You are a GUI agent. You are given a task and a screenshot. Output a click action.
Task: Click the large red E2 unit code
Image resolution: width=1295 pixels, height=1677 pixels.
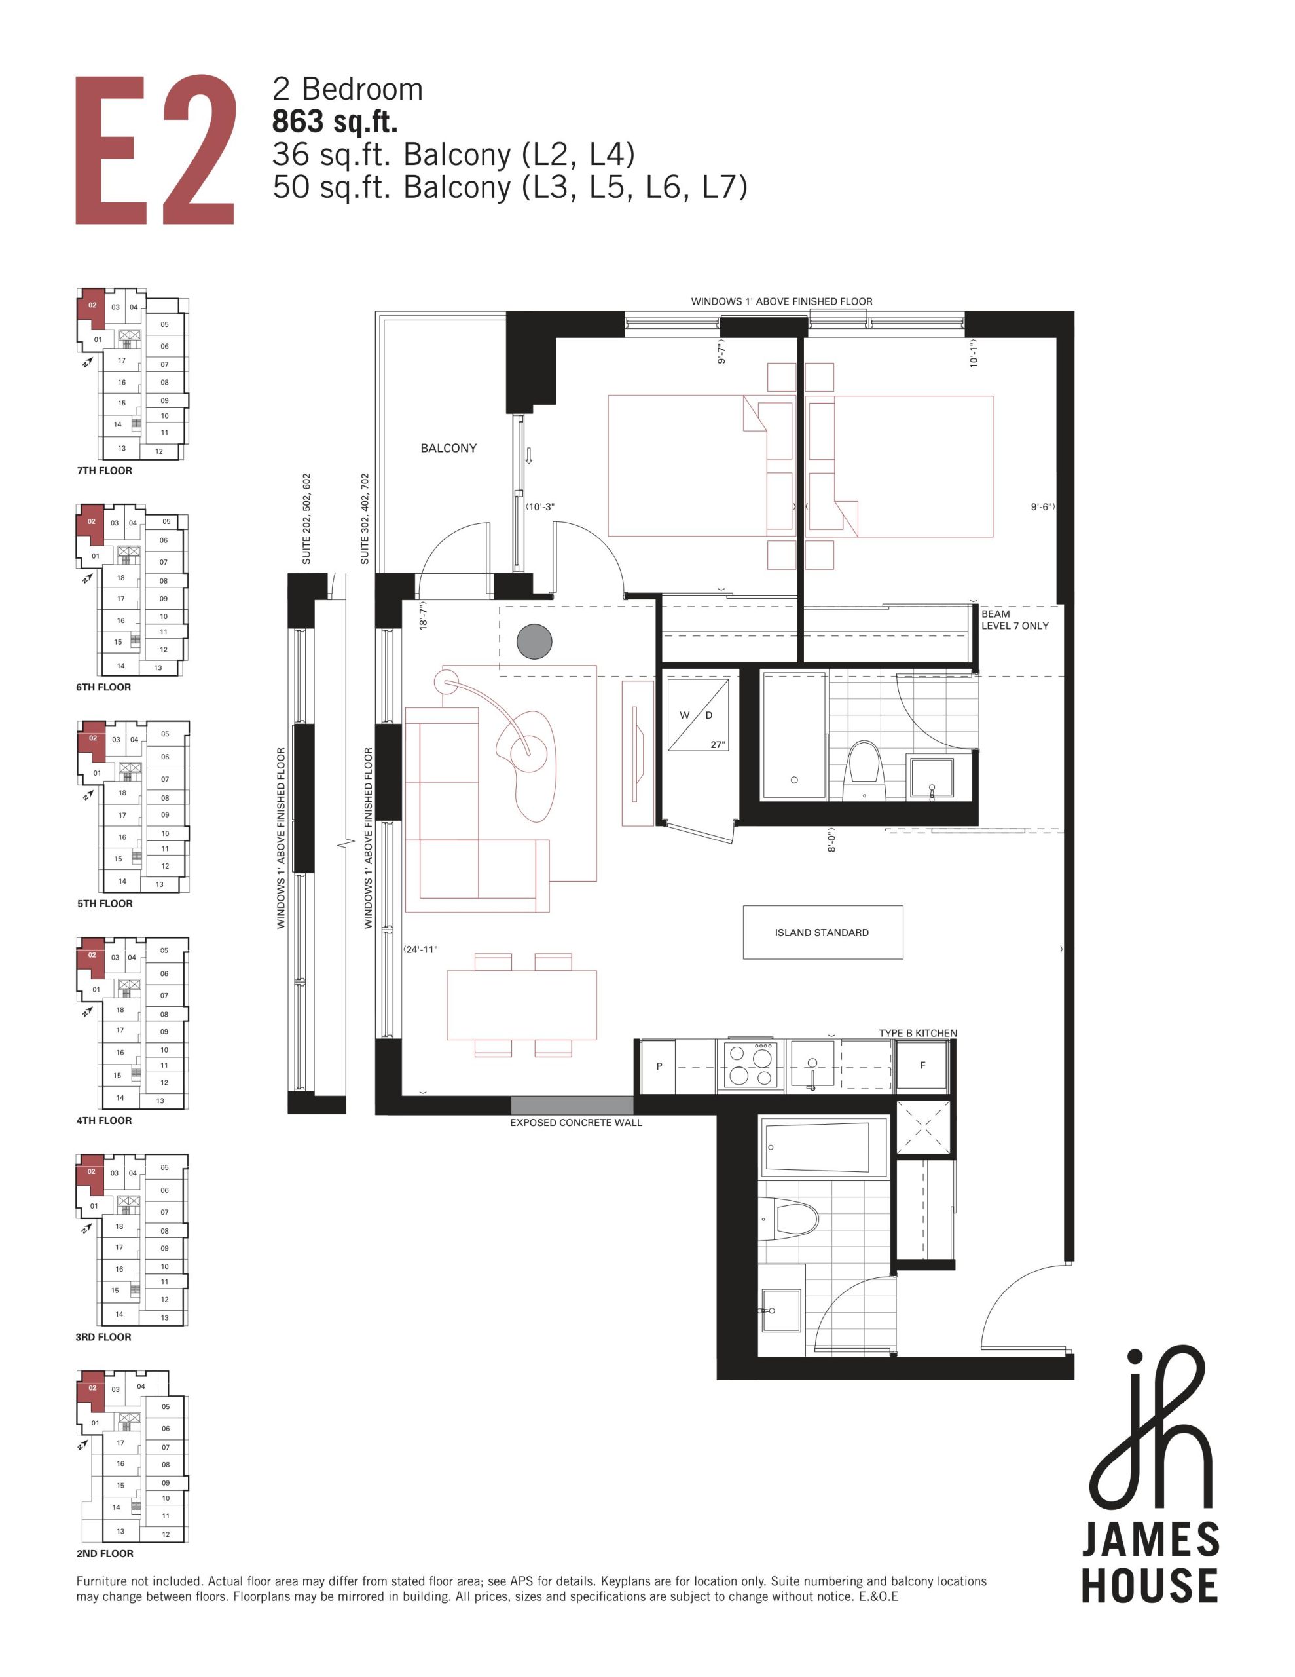(x=155, y=150)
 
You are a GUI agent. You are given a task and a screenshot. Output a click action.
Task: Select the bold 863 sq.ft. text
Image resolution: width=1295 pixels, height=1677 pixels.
(x=335, y=122)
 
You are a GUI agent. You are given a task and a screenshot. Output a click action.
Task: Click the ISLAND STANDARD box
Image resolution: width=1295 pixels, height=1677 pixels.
(x=822, y=932)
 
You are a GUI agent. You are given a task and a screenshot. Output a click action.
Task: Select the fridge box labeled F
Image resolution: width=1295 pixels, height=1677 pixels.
(x=922, y=1065)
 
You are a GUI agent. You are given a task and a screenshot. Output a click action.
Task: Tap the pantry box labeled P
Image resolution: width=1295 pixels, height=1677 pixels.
(x=659, y=1066)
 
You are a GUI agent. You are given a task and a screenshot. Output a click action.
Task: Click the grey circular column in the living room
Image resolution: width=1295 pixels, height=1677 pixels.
(x=534, y=641)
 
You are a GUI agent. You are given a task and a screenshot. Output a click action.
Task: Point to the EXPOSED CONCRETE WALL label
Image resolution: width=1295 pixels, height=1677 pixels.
(x=575, y=1123)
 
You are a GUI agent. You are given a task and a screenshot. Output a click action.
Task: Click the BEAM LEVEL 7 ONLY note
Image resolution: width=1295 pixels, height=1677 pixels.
(x=1015, y=620)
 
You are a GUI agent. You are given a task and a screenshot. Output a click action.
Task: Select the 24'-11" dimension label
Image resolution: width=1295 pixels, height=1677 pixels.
(x=422, y=950)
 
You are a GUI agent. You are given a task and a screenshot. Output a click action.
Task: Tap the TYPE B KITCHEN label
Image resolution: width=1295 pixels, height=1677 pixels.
(x=918, y=1033)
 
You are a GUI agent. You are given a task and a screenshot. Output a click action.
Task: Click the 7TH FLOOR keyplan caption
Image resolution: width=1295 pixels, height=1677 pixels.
(x=104, y=471)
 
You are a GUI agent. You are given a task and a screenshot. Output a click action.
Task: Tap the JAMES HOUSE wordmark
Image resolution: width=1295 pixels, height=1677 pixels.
(x=1149, y=1562)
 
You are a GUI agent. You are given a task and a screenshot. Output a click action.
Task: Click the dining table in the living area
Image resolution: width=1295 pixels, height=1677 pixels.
(x=522, y=1005)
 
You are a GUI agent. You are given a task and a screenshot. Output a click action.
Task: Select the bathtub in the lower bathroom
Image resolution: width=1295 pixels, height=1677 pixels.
(x=824, y=1147)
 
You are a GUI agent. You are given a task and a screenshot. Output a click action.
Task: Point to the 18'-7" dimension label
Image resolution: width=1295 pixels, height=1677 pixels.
(x=423, y=615)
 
